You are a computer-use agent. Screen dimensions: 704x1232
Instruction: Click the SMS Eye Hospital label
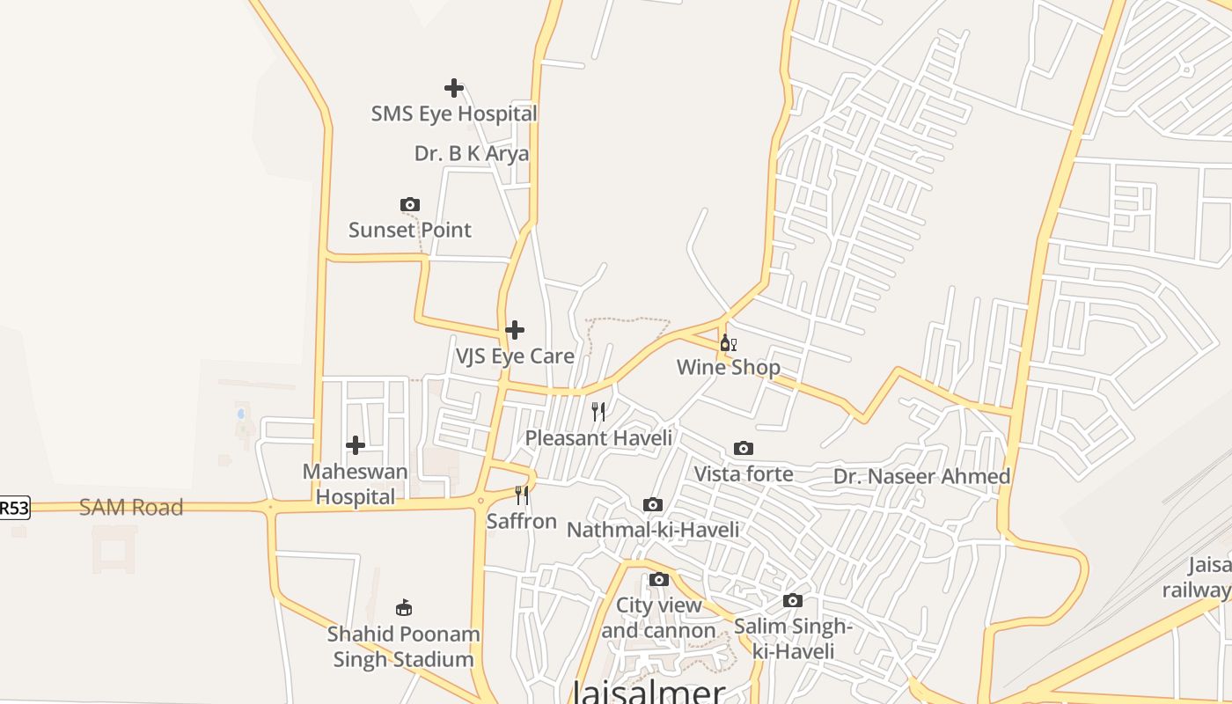click(453, 114)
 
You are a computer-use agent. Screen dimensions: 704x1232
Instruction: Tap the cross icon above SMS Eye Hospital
click(454, 88)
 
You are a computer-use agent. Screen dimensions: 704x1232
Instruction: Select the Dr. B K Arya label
click(472, 153)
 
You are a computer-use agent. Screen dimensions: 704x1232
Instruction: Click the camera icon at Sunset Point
click(410, 205)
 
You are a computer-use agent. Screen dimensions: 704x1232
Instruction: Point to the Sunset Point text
click(410, 230)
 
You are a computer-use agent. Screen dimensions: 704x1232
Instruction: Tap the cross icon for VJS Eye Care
click(515, 330)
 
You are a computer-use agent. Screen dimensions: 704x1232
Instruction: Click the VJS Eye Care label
click(515, 356)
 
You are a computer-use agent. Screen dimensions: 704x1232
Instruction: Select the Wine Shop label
click(729, 367)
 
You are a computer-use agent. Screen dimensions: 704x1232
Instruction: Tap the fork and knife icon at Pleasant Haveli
click(598, 412)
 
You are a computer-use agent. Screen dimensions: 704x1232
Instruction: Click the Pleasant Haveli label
click(598, 437)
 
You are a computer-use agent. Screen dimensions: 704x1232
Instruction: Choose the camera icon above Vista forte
click(744, 449)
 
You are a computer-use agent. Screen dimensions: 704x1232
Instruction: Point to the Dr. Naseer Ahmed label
click(921, 476)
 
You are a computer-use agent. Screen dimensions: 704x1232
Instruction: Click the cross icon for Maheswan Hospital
click(356, 445)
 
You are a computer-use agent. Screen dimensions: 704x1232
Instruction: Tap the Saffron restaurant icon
click(522, 495)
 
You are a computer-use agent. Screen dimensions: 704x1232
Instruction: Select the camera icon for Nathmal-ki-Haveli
click(653, 504)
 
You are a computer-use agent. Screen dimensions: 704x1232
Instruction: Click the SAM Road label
click(131, 507)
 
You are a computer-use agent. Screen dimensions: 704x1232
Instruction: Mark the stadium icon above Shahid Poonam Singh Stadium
click(404, 607)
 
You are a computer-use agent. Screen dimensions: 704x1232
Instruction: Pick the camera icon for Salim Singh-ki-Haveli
click(793, 600)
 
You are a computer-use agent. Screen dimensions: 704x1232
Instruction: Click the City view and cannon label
click(658, 618)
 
